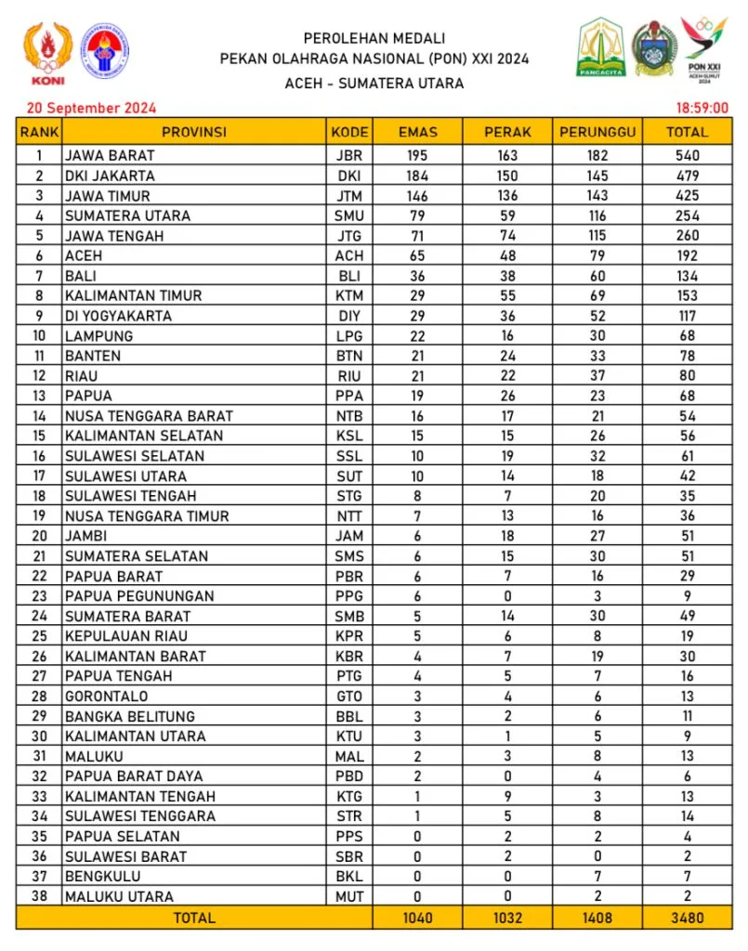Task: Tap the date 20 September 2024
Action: [91, 107]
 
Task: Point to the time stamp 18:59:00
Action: [702, 108]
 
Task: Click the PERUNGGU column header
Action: [597, 132]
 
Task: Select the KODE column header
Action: [349, 132]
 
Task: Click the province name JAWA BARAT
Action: [110, 155]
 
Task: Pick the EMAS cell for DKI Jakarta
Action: [417, 176]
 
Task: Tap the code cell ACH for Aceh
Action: [349, 255]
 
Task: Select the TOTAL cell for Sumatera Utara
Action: [687, 215]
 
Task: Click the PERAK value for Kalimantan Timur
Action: [507, 295]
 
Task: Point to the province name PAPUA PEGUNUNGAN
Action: [139, 596]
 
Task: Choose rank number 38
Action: [39, 896]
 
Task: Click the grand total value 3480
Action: [687, 918]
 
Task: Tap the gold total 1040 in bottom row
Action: [417, 918]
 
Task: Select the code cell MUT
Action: [349, 896]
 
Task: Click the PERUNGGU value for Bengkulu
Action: [597, 877]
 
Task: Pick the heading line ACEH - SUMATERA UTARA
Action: [374, 83]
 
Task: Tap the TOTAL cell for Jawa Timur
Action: [687, 196]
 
